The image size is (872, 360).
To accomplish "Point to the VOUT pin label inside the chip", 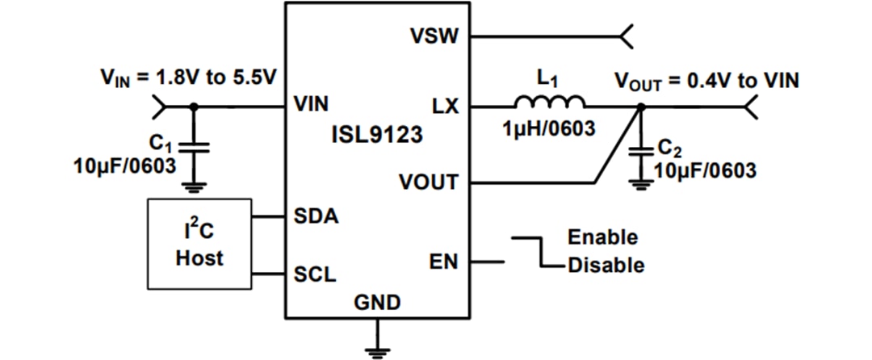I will tap(428, 182).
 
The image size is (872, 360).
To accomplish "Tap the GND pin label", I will tap(376, 303).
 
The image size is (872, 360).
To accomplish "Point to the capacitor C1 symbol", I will tap(193, 147).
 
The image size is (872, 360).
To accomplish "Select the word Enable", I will tap(602, 238).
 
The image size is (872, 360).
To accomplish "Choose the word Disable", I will tap(606, 265).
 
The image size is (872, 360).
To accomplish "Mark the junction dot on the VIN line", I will tap(193, 106).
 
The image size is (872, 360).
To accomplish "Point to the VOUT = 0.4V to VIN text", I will tap(707, 81).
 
